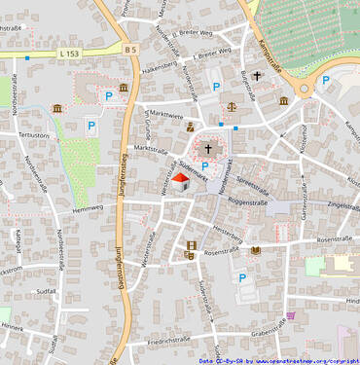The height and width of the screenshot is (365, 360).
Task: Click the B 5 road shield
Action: point(131,48)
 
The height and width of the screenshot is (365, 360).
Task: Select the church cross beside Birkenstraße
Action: point(258,76)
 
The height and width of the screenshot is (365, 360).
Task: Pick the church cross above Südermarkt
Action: point(207,149)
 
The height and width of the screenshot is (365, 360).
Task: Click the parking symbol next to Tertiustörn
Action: point(92,126)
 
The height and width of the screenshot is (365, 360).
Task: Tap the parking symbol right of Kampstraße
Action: point(326,81)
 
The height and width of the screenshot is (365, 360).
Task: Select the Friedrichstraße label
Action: point(168,342)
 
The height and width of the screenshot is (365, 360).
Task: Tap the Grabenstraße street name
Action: point(272,332)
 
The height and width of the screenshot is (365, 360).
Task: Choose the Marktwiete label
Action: point(163,114)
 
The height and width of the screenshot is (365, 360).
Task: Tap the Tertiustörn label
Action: point(34,135)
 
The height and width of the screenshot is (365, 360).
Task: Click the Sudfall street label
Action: point(45,290)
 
